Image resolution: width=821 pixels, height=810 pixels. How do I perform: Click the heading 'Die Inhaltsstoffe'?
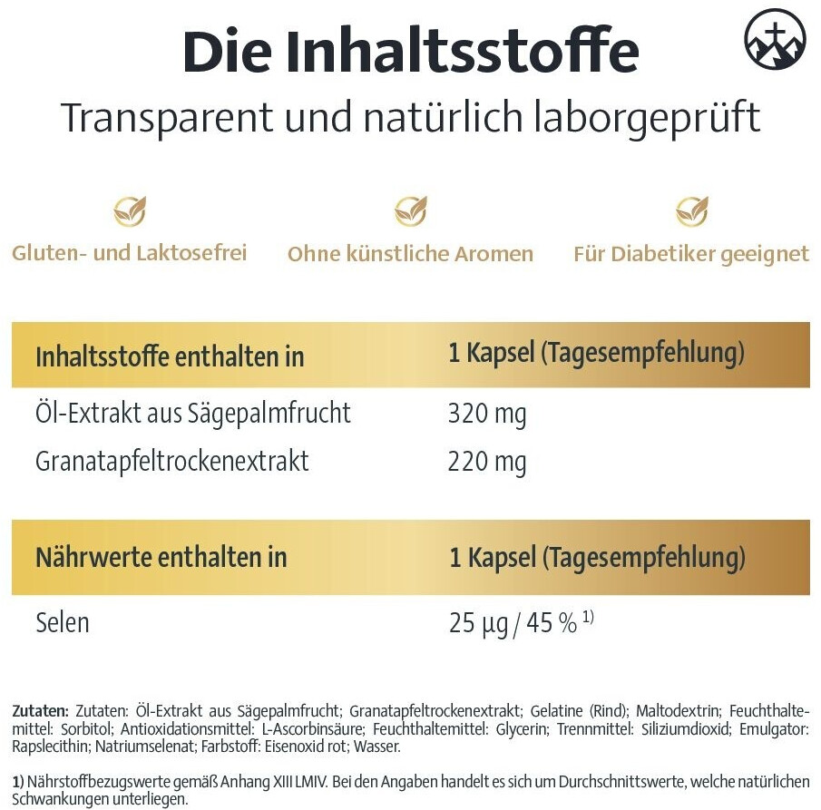pos(411,54)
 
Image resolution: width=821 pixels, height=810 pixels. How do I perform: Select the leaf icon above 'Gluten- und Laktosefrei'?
pos(129,211)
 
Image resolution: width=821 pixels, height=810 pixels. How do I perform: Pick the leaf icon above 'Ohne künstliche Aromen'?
pos(410,211)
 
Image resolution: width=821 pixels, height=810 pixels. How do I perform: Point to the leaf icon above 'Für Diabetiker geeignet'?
pos(691,211)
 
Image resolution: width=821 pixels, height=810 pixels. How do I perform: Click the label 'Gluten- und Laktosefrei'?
pos(129,253)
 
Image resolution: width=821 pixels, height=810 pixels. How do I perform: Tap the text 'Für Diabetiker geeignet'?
pos(691,254)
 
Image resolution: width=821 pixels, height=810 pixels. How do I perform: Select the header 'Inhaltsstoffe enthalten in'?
pos(170,356)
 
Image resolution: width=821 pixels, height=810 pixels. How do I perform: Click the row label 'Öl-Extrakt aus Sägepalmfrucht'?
pos(193,414)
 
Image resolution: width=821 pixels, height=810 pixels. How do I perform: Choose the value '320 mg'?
pos(487,415)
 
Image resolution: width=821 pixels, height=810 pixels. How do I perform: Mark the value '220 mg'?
pos(487,462)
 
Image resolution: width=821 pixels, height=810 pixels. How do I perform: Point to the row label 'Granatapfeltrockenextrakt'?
pos(172,462)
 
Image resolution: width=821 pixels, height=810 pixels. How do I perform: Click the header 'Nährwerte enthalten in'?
pos(161,557)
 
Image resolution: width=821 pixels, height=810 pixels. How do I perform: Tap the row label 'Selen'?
pos(63,623)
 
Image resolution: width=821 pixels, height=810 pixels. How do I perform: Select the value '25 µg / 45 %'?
pos(513,623)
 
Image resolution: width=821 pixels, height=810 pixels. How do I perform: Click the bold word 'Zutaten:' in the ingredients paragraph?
pos(41,711)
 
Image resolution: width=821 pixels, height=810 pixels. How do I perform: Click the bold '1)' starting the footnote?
pos(17,782)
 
